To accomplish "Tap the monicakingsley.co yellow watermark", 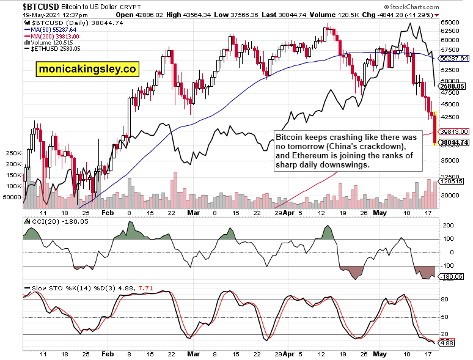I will (87, 69).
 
